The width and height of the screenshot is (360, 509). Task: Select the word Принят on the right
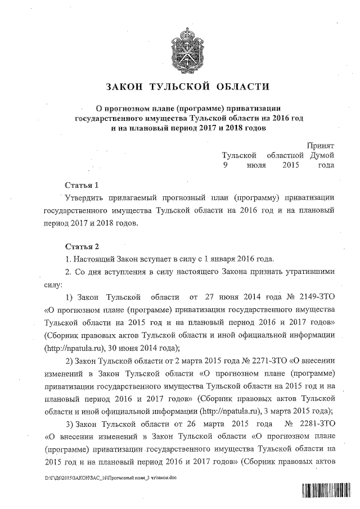pos(321,145)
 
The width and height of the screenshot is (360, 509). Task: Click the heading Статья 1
pos(82,185)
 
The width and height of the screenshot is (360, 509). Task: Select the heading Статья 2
pos(82,246)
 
